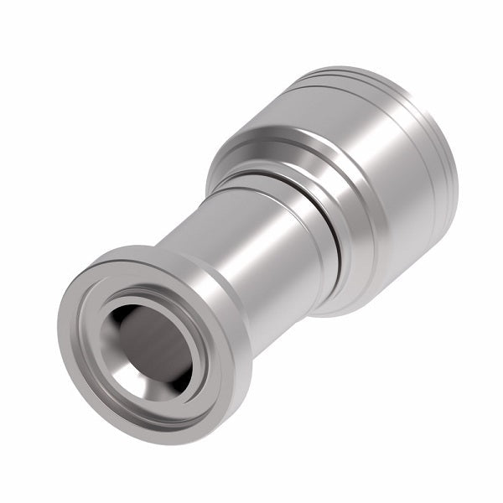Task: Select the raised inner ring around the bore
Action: point(117,369)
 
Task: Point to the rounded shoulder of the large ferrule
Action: point(251,143)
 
